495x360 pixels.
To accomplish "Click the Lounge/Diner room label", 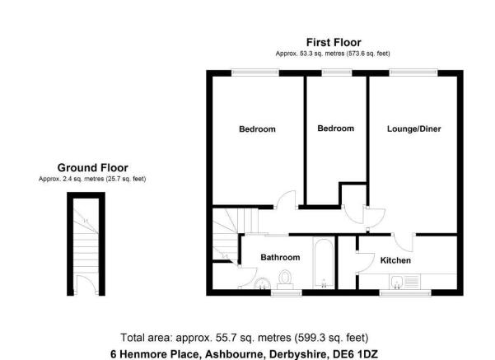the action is click(x=413, y=129).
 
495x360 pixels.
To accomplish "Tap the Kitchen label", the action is click(x=395, y=260).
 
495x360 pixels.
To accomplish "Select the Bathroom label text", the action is click(x=280, y=257).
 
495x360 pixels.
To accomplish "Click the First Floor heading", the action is click(x=334, y=42).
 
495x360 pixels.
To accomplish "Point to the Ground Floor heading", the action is click(x=93, y=168).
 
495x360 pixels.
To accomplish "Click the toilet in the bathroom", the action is click(x=285, y=279).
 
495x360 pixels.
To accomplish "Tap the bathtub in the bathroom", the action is click(x=324, y=263).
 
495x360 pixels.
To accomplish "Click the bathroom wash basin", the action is click(x=263, y=283).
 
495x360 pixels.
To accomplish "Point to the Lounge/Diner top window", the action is click(x=413, y=72).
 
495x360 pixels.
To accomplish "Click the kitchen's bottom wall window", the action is click(x=405, y=293).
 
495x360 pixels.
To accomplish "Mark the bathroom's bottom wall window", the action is click(x=287, y=293).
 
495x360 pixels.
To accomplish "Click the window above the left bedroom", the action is click(x=255, y=72).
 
